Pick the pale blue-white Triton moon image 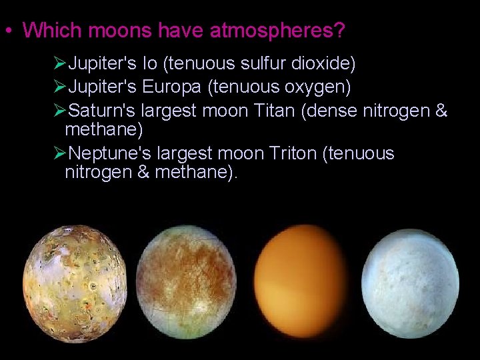tap(410, 283)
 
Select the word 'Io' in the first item tap(149, 64)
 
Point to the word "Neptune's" tap(109, 153)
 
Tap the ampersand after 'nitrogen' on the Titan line tap(441, 110)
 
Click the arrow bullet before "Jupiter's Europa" tap(59, 87)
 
